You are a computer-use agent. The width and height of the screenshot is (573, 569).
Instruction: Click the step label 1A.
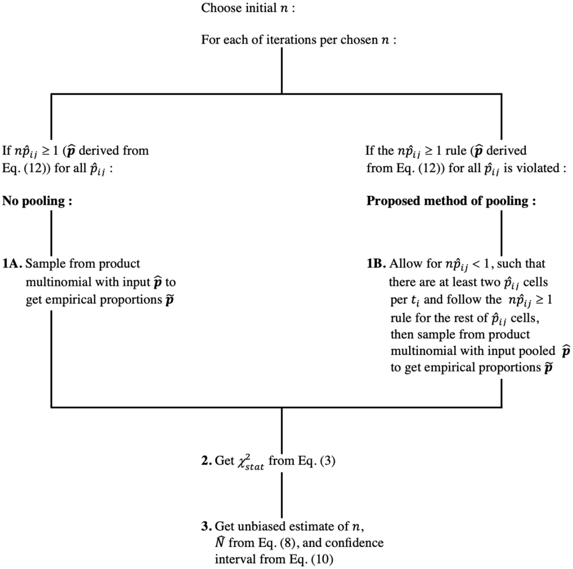[13, 264]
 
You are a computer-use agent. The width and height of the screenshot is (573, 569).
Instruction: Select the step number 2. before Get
[207, 461]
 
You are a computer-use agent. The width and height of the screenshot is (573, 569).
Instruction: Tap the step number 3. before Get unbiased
[207, 526]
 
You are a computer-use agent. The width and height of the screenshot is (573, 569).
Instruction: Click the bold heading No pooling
[37, 201]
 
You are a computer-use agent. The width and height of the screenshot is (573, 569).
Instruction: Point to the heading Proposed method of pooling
[451, 201]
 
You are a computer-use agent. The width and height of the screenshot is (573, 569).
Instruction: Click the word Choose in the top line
[218, 8]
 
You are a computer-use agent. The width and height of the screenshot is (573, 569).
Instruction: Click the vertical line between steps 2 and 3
[281, 495]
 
